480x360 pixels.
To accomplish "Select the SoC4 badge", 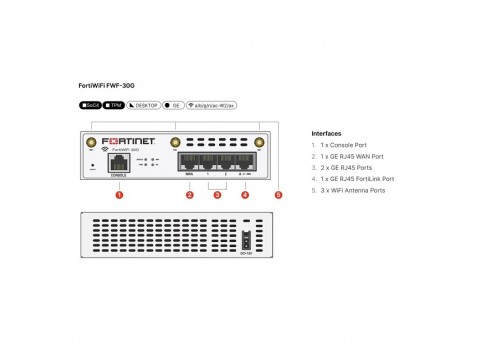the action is [89, 104].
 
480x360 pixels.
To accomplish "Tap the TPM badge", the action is [114, 104].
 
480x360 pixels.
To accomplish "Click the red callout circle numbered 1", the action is [119, 194].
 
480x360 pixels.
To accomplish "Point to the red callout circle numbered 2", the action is [189, 194].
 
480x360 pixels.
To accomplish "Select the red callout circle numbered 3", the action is [217, 194].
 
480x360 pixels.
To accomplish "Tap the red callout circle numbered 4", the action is [245, 194].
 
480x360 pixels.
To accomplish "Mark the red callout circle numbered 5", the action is [278, 194].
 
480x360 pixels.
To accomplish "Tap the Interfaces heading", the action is [327, 133].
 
